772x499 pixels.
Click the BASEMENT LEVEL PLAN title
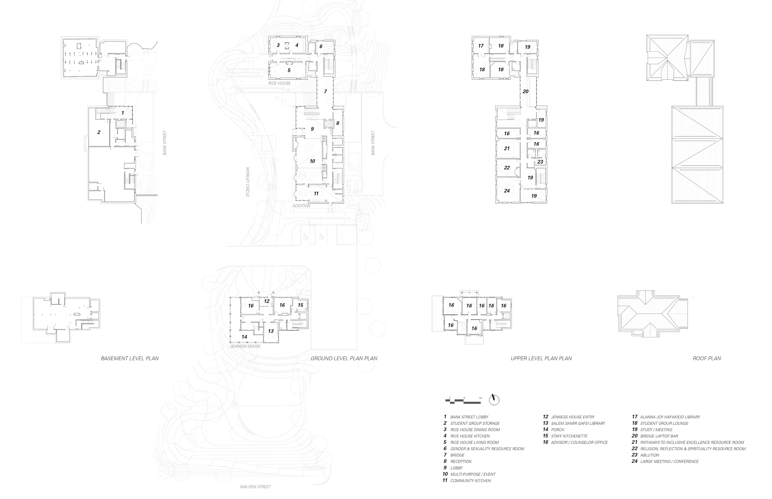[130, 358]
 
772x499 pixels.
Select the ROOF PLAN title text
[707, 358]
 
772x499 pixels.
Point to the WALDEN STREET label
[255, 487]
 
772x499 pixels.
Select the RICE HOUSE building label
[279, 83]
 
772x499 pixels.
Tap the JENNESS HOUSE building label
[245, 346]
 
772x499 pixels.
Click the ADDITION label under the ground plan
[301, 206]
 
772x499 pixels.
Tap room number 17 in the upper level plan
[481, 46]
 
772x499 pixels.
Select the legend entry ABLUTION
[649, 455]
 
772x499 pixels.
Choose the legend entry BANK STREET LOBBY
[469, 417]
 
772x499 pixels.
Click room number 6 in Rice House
[321, 47]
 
